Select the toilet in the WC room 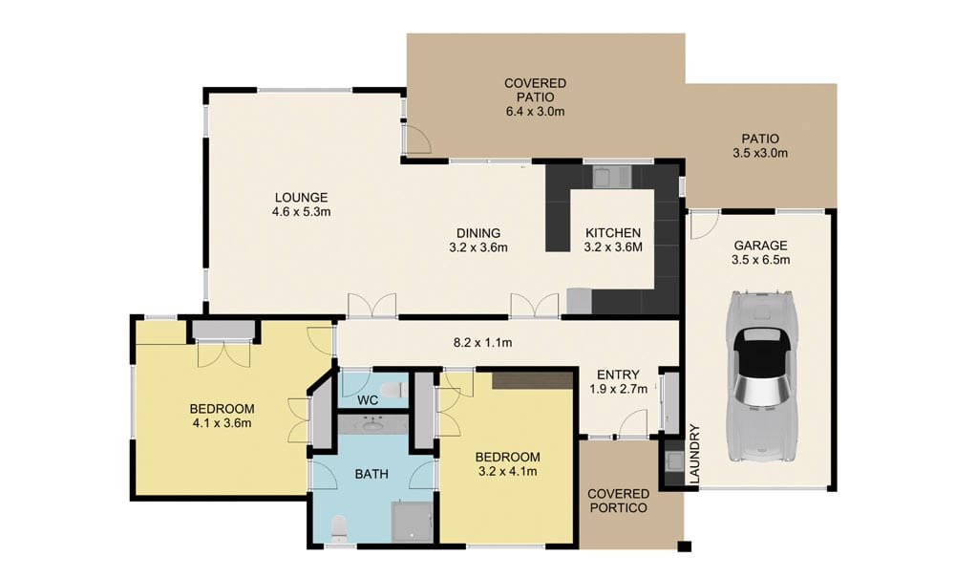click(x=403, y=390)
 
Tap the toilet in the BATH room click(x=336, y=526)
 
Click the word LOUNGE click(x=300, y=198)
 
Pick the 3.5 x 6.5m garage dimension click(x=761, y=259)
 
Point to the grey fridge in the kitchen click(x=579, y=300)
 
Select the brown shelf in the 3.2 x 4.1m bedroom click(x=532, y=380)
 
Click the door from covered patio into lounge click(x=416, y=139)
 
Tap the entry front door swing click(x=633, y=421)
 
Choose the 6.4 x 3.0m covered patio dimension click(x=535, y=112)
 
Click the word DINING click(x=477, y=233)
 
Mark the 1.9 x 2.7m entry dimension click(x=621, y=389)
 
